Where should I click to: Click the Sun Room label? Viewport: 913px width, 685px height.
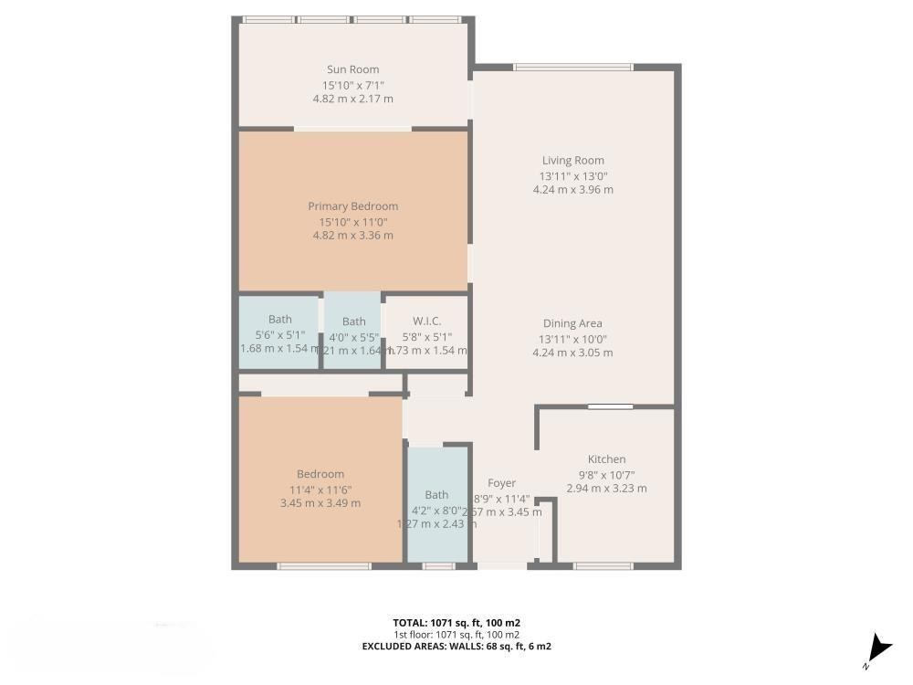[x=352, y=69]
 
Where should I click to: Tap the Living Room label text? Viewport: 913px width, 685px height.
[x=572, y=161]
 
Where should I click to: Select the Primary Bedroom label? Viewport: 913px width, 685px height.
[x=352, y=206]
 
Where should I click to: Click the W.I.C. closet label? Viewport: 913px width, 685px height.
[x=426, y=321]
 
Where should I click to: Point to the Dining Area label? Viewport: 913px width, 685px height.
[x=572, y=323]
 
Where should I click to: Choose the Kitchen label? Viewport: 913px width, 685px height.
[x=606, y=459]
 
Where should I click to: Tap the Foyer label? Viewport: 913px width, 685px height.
[x=501, y=483]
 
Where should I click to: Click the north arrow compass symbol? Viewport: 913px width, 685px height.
[x=878, y=648]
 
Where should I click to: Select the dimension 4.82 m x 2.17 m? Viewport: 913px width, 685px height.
[x=352, y=99]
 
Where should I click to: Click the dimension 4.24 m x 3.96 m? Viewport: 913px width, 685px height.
[x=572, y=190]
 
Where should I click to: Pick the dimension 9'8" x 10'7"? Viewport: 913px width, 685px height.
[x=606, y=474]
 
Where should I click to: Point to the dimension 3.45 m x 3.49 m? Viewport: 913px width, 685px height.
[x=320, y=503]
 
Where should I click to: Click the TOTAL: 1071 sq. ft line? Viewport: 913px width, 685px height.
[x=456, y=623]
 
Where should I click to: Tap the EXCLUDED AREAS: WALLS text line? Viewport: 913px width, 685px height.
[x=456, y=647]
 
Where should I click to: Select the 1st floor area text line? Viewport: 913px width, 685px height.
[x=456, y=635]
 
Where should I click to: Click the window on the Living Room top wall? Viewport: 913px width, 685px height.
[x=572, y=67]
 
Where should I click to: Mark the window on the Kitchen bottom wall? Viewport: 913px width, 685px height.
[x=603, y=566]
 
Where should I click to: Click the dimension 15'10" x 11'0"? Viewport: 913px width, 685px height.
[x=352, y=221]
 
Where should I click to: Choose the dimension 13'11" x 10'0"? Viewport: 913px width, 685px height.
[x=572, y=338]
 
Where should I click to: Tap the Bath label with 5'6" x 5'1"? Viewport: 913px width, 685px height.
[x=280, y=320]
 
